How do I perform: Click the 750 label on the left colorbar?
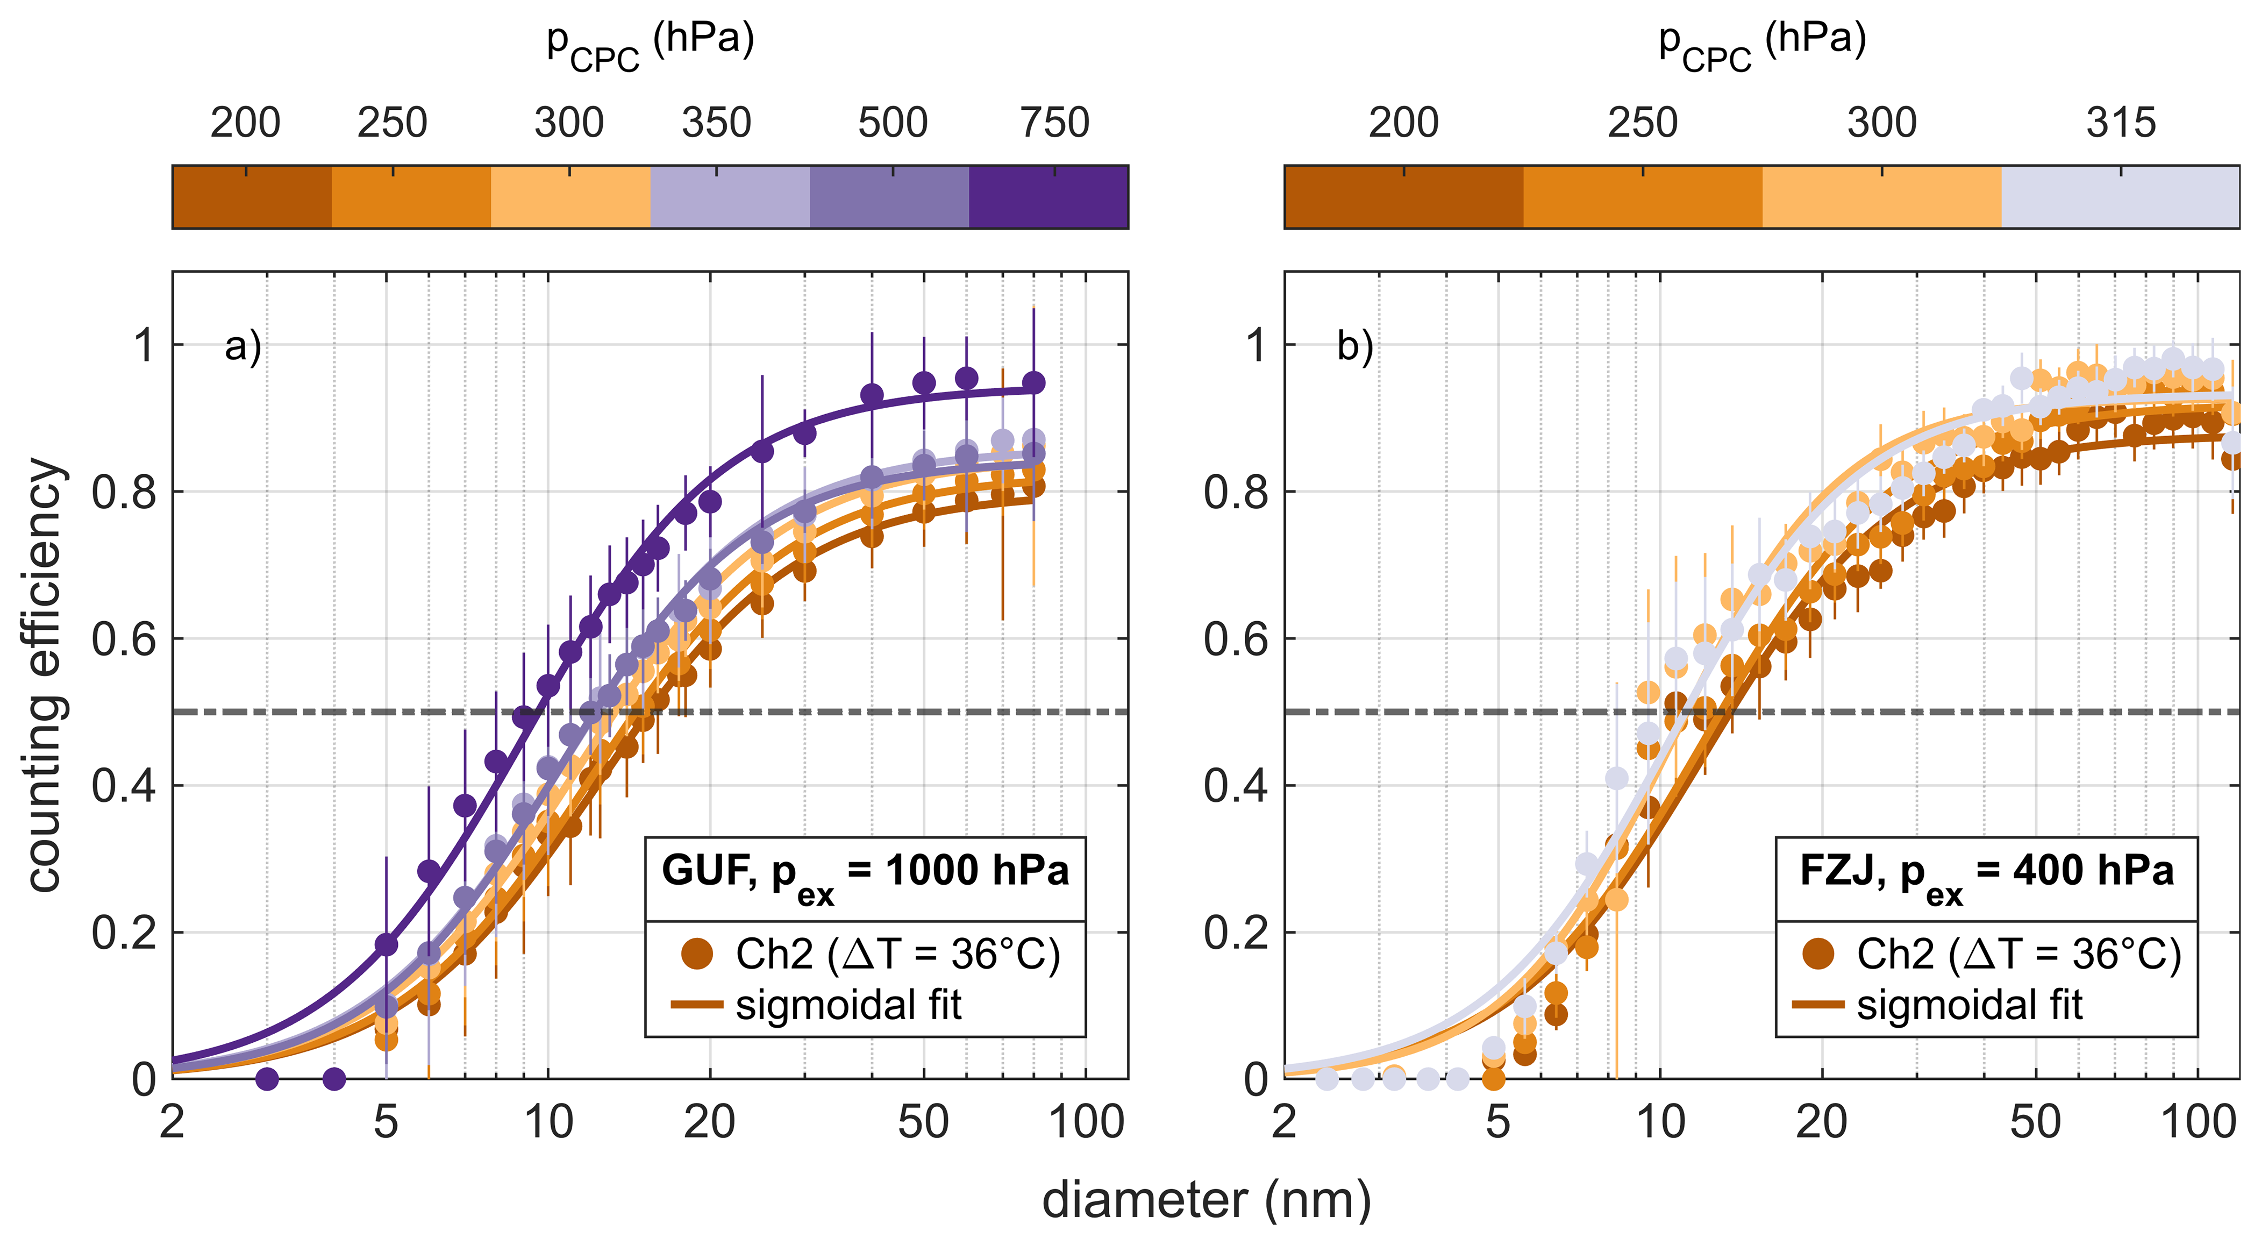tap(1054, 123)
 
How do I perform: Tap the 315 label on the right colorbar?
tap(2121, 123)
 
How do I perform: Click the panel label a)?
tap(243, 347)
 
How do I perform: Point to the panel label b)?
tap(1355, 347)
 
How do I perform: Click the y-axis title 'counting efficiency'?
tap(46, 674)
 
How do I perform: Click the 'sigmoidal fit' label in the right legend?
tap(1968, 1005)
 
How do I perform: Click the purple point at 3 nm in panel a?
tap(267, 1078)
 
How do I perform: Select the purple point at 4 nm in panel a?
tap(333, 1078)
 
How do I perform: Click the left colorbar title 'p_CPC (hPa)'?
tap(650, 44)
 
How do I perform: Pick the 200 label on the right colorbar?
tap(1403, 123)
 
